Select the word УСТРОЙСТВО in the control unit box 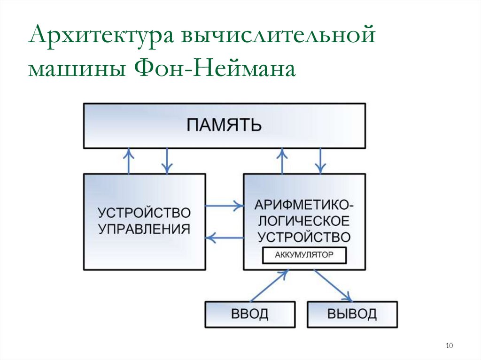click(144, 213)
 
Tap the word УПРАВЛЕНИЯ click(144, 229)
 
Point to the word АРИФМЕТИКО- click(304, 205)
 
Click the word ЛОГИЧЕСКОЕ click(304, 220)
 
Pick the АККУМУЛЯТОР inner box click(304, 255)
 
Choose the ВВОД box click(250, 314)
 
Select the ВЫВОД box click(352, 314)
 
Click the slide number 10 click(449, 346)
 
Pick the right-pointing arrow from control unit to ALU click(224, 205)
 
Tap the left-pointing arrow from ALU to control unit click(224, 238)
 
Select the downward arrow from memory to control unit click(167, 161)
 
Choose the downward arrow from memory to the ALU click(320, 161)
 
